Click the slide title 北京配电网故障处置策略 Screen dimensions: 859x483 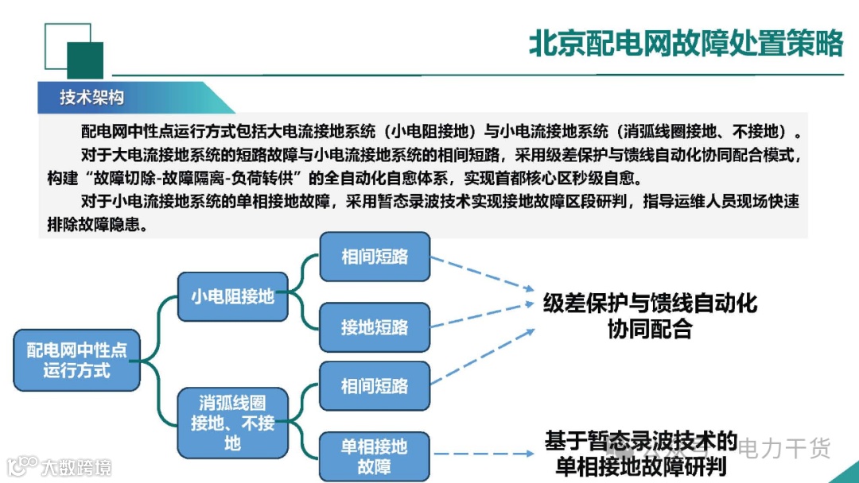click(686, 44)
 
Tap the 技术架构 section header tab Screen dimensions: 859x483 click(92, 98)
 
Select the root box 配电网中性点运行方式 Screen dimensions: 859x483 click(76, 361)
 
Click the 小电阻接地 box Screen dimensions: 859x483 click(231, 296)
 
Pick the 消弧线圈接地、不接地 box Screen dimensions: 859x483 click(231, 423)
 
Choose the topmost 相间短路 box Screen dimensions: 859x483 click(375, 257)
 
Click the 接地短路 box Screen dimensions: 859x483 click(375, 327)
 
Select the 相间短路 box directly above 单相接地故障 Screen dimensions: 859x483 click(375, 386)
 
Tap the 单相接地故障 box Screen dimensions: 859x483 click(375, 456)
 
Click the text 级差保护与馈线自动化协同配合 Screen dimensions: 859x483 click(650, 315)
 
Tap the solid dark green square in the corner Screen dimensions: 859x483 click(85, 60)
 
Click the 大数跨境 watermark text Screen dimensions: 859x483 click(76, 466)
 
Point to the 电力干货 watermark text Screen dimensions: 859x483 click(784, 448)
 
